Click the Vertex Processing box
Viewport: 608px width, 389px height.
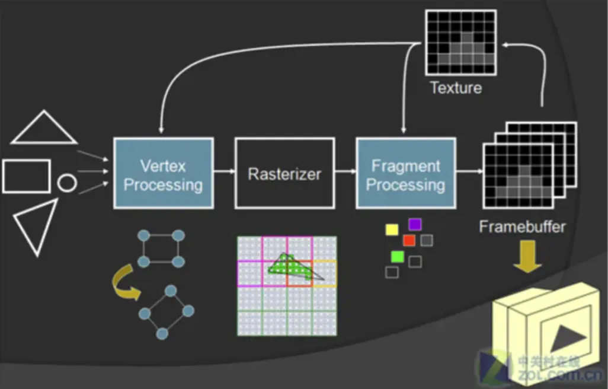coord(163,173)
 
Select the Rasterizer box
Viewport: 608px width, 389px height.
coord(284,173)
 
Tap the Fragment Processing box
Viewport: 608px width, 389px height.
coord(405,173)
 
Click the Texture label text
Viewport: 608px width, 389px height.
coord(456,88)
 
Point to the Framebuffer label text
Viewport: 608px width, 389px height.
coord(522,226)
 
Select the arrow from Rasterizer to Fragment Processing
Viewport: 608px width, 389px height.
coord(345,173)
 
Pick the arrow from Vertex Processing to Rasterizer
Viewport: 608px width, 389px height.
coord(224,173)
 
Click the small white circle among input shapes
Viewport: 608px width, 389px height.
coord(66,183)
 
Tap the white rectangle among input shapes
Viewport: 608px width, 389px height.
coord(26,176)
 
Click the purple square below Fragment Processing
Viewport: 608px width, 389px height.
coord(414,224)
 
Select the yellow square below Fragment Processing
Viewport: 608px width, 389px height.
coord(392,229)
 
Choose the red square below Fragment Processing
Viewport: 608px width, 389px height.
coord(409,240)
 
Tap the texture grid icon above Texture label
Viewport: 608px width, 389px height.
coord(461,42)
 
